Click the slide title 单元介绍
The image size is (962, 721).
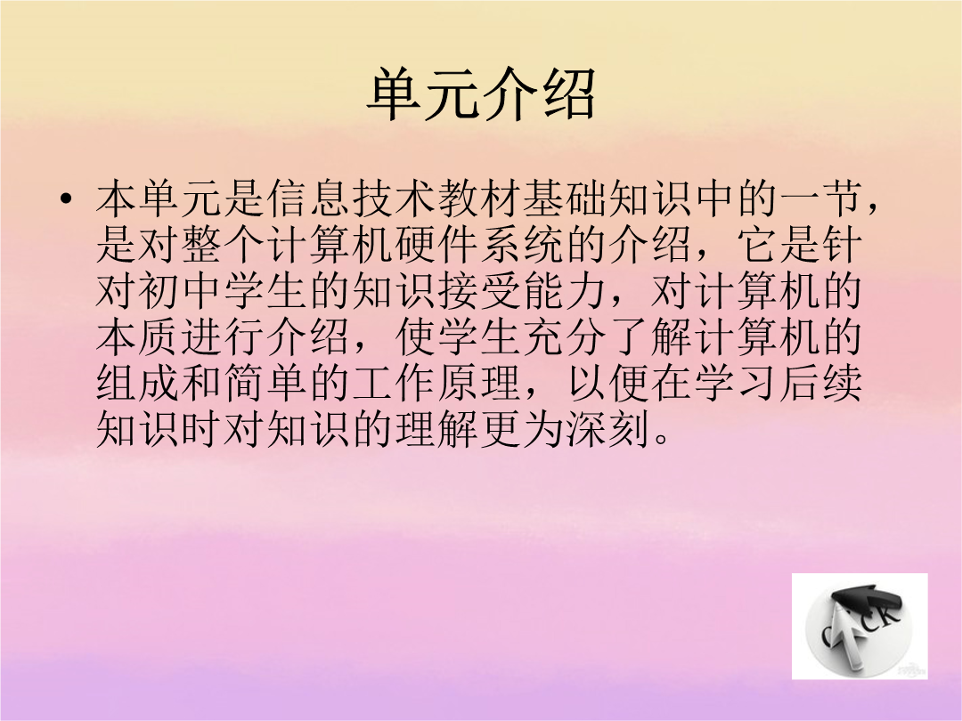click(x=482, y=93)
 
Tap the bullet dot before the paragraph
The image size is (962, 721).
click(x=66, y=199)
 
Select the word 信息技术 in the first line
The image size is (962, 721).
click(x=352, y=198)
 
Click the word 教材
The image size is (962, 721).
click(x=480, y=198)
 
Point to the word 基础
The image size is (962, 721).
click(x=566, y=198)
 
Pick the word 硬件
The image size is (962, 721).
click(x=437, y=245)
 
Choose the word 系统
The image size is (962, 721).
click(x=523, y=245)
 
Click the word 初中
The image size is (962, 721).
click(x=182, y=290)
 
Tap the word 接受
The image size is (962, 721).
click(x=480, y=290)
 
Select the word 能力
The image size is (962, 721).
click(x=566, y=290)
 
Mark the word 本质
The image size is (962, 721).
click(x=139, y=336)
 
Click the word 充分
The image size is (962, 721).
click(x=566, y=336)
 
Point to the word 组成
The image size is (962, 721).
click(x=139, y=383)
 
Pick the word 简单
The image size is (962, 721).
click(x=267, y=383)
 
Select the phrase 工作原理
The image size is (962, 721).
click(x=437, y=383)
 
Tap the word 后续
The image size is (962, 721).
click(x=821, y=383)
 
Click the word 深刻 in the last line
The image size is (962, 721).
click(x=608, y=428)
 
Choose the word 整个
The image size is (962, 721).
click(x=224, y=245)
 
